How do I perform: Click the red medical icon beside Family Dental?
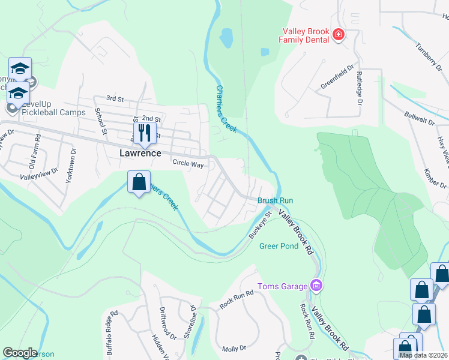339,35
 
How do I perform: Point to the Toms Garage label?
282,286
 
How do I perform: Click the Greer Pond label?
279,246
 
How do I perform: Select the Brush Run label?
275,200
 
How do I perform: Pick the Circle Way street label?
188,163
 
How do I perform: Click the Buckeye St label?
261,225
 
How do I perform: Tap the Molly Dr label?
234,348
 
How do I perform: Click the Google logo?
20,353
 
